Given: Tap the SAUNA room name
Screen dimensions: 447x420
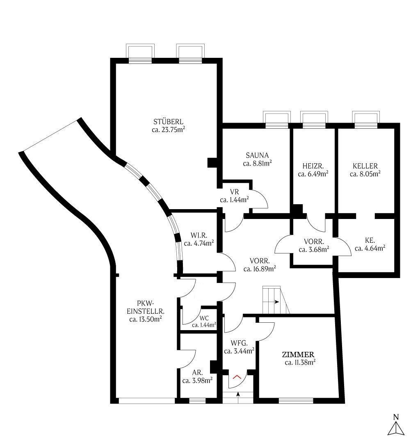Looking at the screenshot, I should (257, 155).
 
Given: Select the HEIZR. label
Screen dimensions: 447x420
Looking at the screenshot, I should (313, 166).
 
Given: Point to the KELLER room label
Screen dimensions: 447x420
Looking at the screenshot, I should (365, 166).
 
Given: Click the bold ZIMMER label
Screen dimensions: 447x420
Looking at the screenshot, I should (298, 355).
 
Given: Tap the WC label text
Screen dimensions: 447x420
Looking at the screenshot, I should (204, 318).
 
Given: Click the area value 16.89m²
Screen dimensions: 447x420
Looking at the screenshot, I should (259, 269).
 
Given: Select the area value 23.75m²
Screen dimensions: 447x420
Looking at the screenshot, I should (168, 130).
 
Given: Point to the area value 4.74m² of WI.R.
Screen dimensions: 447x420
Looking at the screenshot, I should (199, 244).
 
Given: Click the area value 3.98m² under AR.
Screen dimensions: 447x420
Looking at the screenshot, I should (197, 381).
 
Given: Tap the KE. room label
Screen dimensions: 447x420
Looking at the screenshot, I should (370, 240).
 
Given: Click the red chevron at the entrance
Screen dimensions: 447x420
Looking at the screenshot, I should (237, 376).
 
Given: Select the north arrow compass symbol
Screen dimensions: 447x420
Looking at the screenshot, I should (396, 429).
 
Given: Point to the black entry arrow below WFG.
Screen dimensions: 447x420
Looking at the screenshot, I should (238, 395).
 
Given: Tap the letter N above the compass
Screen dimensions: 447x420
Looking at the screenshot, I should (396, 417).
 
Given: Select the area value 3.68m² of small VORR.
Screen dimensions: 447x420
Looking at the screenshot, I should (314, 249).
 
